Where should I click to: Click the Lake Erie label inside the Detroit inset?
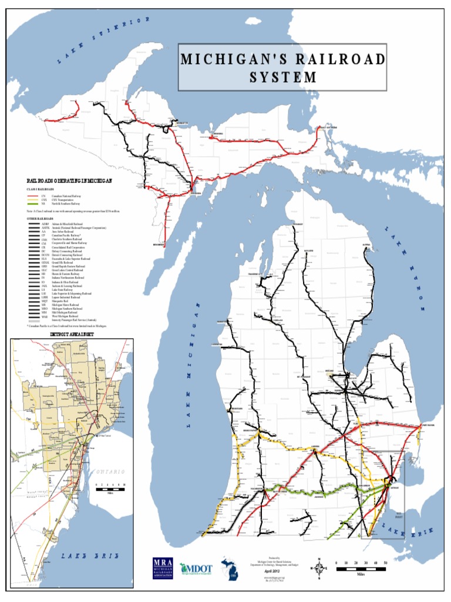[x=90, y=556]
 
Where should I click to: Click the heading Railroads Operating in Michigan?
[x=69, y=181]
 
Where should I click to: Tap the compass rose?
[x=320, y=568]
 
